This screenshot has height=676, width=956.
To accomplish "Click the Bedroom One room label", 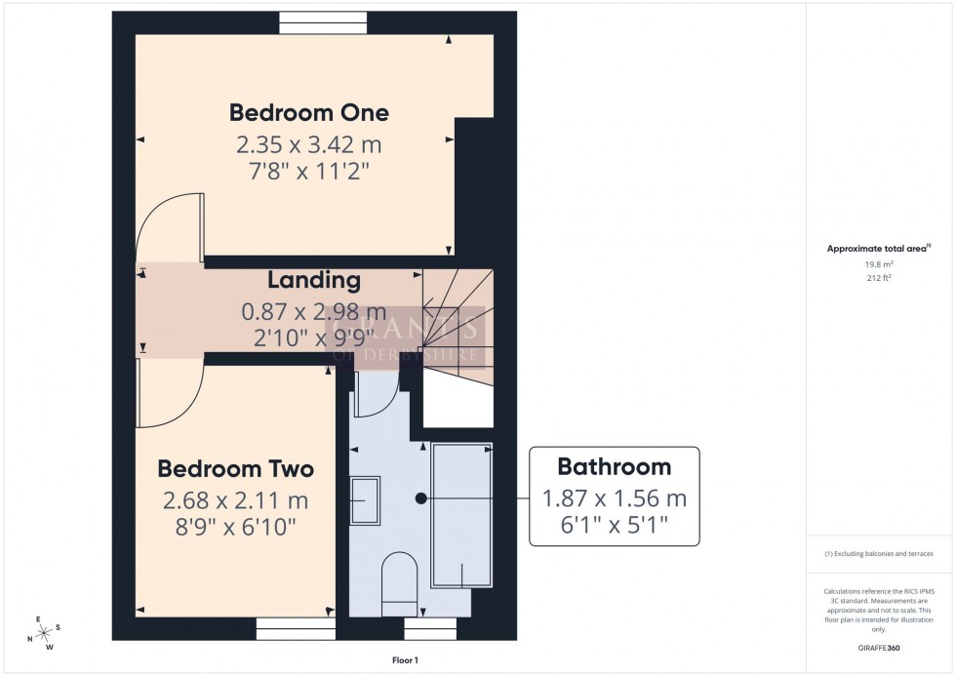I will point(308,112).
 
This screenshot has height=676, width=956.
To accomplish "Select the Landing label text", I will point(314,281).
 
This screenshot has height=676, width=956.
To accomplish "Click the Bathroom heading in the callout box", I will point(614,466).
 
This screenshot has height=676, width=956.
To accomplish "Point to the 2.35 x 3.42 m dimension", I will point(308,145).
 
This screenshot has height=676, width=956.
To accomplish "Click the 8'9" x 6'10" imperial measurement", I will point(235,527).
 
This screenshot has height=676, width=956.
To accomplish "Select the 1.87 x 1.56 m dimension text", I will point(614,498).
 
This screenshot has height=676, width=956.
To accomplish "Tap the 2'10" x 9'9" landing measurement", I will point(314,338).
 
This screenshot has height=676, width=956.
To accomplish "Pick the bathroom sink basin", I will point(365,501).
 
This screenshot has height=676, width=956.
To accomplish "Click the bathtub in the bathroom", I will point(461,515).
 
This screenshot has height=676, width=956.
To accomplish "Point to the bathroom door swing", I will point(373,396).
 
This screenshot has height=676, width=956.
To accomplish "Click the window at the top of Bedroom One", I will point(322,22).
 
